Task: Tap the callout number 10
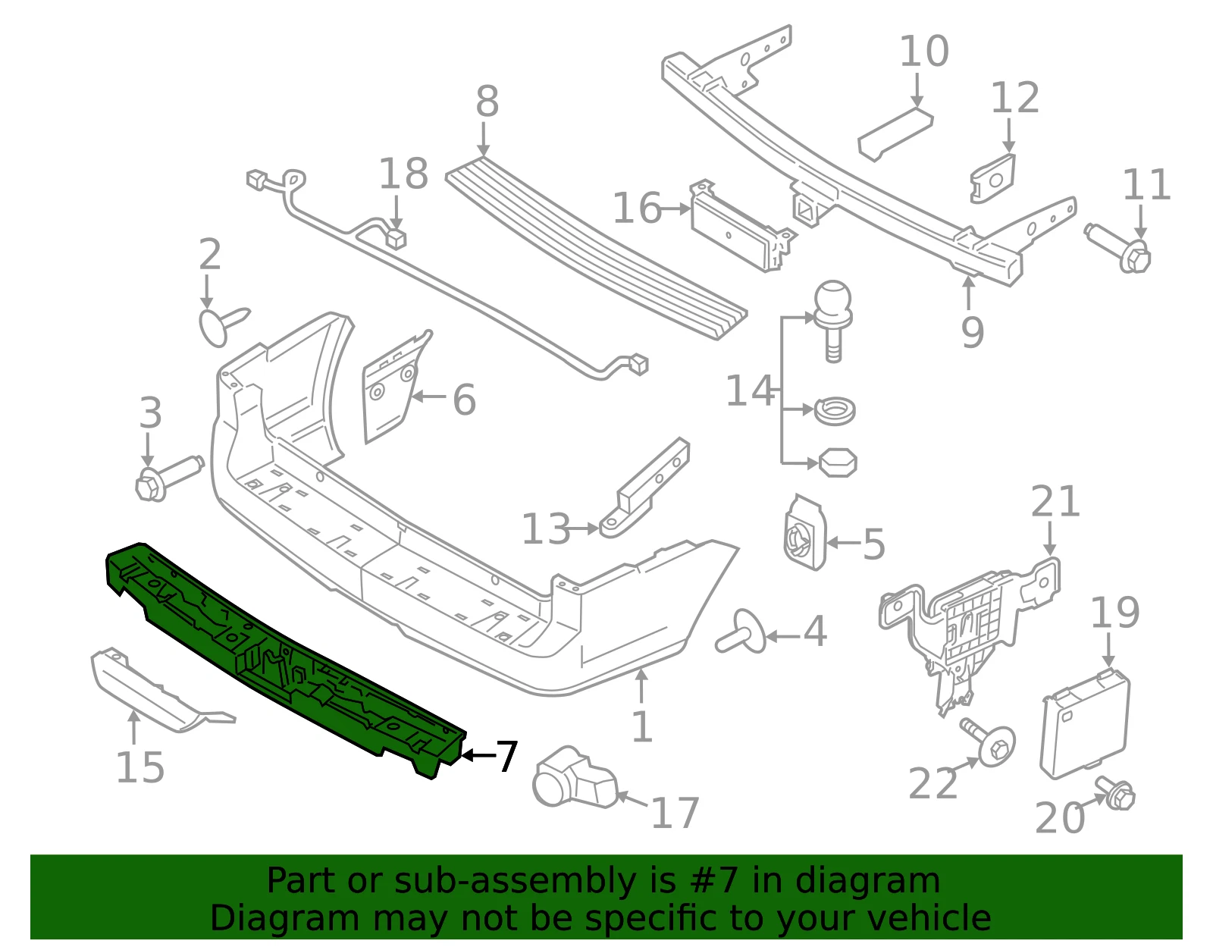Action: coord(924,52)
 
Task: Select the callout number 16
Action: coord(637,209)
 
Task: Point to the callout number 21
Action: coord(1055,501)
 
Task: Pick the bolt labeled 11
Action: coord(1118,249)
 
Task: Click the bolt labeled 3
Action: coord(168,478)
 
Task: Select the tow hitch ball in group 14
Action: coord(833,321)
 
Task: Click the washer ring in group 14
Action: coord(835,411)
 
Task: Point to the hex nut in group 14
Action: coord(838,463)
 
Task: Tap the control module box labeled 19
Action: coord(1085,724)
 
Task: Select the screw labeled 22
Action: coord(987,742)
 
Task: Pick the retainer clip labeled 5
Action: coord(804,532)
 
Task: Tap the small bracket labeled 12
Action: coord(992,179)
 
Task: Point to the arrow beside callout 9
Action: coord(968,293)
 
